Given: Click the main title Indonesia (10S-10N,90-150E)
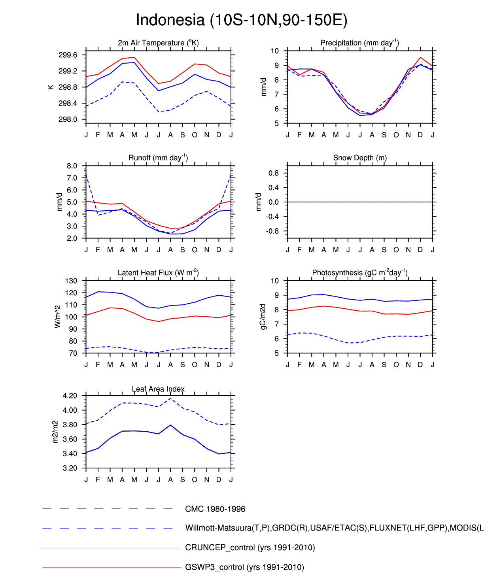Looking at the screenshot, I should [242, 20].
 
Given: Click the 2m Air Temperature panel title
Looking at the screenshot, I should [158, 43].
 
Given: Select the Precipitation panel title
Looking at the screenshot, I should [359, 43].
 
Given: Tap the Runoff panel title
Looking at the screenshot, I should [158, 158].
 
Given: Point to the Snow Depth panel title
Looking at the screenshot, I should [360, 158].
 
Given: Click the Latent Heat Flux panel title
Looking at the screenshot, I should [158, 273].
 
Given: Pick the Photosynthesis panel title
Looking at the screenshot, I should [360, 273].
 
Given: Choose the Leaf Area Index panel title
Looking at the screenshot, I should [158, 389].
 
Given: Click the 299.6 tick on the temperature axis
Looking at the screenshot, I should [68, 55].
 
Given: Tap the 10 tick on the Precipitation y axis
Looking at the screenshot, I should [275, 51].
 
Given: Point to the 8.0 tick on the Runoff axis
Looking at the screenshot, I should [72, 166].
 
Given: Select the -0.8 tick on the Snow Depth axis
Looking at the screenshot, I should [273, 231].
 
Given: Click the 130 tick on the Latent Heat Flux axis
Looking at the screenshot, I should [71, 281].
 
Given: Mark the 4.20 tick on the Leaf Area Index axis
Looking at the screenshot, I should [70, 396].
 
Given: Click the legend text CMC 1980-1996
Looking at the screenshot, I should [215, 509].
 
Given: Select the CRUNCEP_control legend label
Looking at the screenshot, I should [250, 548].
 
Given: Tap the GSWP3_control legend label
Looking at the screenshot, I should [244, 567].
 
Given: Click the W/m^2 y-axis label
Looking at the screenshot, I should [58, 316].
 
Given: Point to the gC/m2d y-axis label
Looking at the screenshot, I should [263, 317].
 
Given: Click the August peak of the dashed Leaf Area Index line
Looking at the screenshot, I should [170, 398].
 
